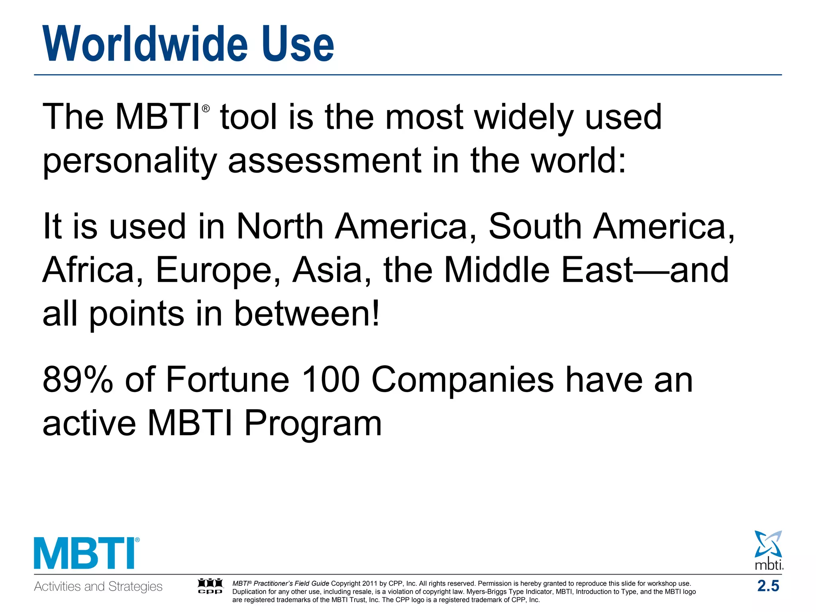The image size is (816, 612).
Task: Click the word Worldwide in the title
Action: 145,44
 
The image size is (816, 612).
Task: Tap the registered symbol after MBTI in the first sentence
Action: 206,108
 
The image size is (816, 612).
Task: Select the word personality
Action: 129,161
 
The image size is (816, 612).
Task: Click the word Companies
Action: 463,380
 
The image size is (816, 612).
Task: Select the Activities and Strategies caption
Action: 98,586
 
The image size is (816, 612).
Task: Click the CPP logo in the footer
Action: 210,586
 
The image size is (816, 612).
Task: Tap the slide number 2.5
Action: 768,586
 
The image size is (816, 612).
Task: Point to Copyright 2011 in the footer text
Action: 353,583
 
